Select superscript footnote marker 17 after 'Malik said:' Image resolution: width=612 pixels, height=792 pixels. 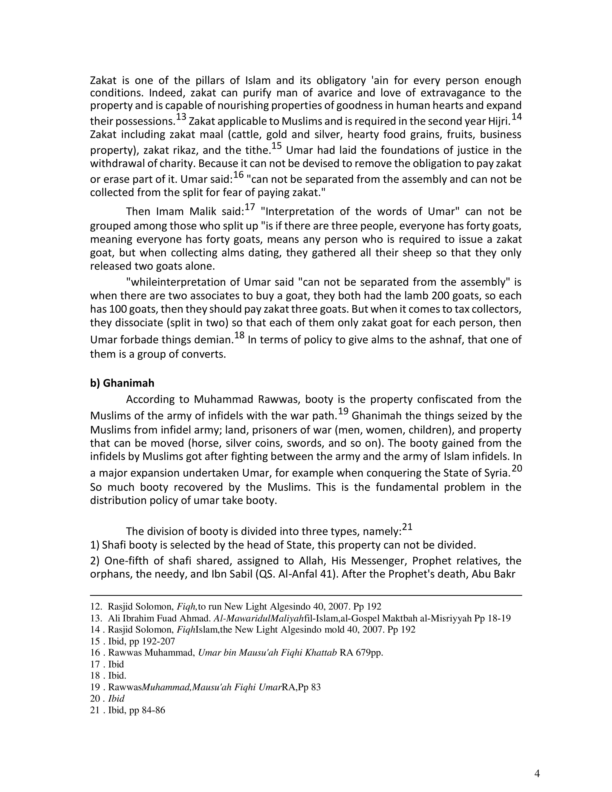point(250,207)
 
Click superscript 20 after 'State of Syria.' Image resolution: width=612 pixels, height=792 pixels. point(516,469)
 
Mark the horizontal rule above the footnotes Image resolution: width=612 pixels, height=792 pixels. point(306,595)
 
